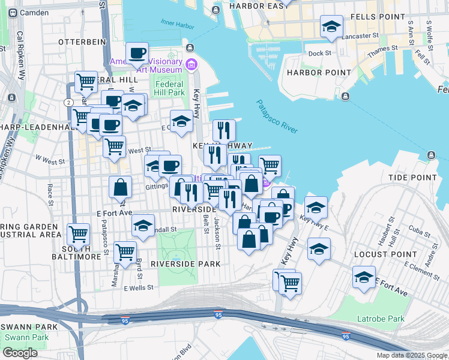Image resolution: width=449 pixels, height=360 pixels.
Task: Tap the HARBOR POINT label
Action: pos(318,73)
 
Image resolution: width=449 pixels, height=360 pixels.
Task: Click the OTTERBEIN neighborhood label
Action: pos(82,42)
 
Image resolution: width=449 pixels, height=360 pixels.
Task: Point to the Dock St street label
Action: pos(319,53)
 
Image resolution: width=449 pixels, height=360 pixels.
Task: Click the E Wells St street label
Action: pos(139,289)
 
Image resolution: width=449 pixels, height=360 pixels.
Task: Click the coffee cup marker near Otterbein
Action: pos(137,52)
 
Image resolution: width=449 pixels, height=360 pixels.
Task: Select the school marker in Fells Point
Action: pos(331,27)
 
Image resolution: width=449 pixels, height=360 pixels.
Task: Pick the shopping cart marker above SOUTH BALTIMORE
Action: pos(78,234)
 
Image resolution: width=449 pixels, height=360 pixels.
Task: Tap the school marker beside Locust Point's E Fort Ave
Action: pos(364,278)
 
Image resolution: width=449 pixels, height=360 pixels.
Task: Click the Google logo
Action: pos(20,353)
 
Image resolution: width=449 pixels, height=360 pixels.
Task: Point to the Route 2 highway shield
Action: pos(69,103)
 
